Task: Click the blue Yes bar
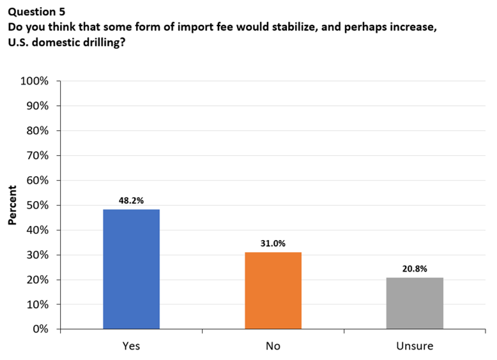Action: tap(131, 269)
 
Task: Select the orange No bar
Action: tap(273, 290)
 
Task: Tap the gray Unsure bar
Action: tap(415, 303)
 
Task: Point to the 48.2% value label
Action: tap(131, 200)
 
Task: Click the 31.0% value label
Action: tap(273, 243)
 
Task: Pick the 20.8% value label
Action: tap(415, 269)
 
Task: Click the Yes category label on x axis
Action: tap(131, 346)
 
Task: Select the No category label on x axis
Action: tap(273, 346)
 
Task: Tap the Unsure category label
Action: tap(415, 346)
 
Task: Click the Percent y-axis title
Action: tap(12, 206)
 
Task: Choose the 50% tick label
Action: tap(36, 206)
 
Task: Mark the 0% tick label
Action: tap(40, 329)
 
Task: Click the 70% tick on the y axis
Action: tap(36, 156)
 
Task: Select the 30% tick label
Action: tap(36, 255)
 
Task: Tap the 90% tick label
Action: tap(36, 106)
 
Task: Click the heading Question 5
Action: tap(36, 11)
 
